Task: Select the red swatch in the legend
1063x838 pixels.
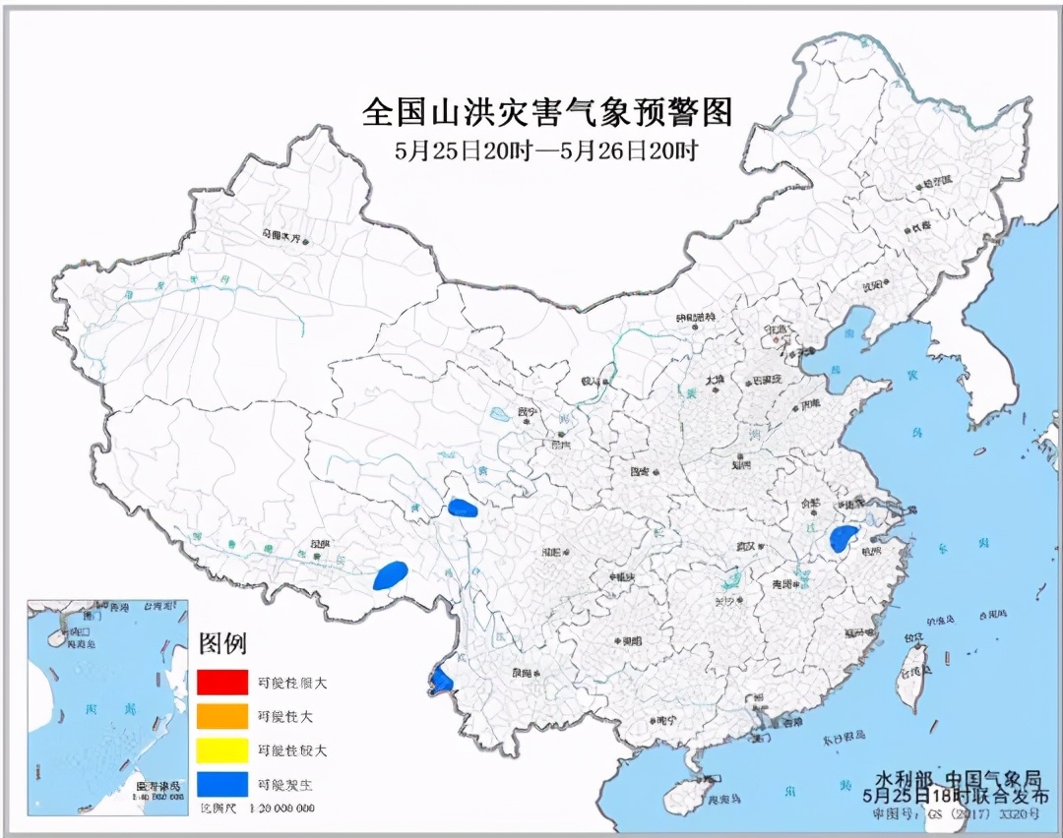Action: click(x=221, y=681)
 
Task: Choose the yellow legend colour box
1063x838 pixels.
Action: click(x=221, y=750)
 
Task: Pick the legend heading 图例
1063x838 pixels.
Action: click(x=223, y=644)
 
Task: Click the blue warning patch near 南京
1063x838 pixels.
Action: click(x=842, y=538)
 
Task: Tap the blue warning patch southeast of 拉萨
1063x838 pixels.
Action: click(x=391, y=574)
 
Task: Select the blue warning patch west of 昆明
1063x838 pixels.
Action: click(x=440, y=678)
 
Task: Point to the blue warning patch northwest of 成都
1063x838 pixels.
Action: click(x=462, y=509)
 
